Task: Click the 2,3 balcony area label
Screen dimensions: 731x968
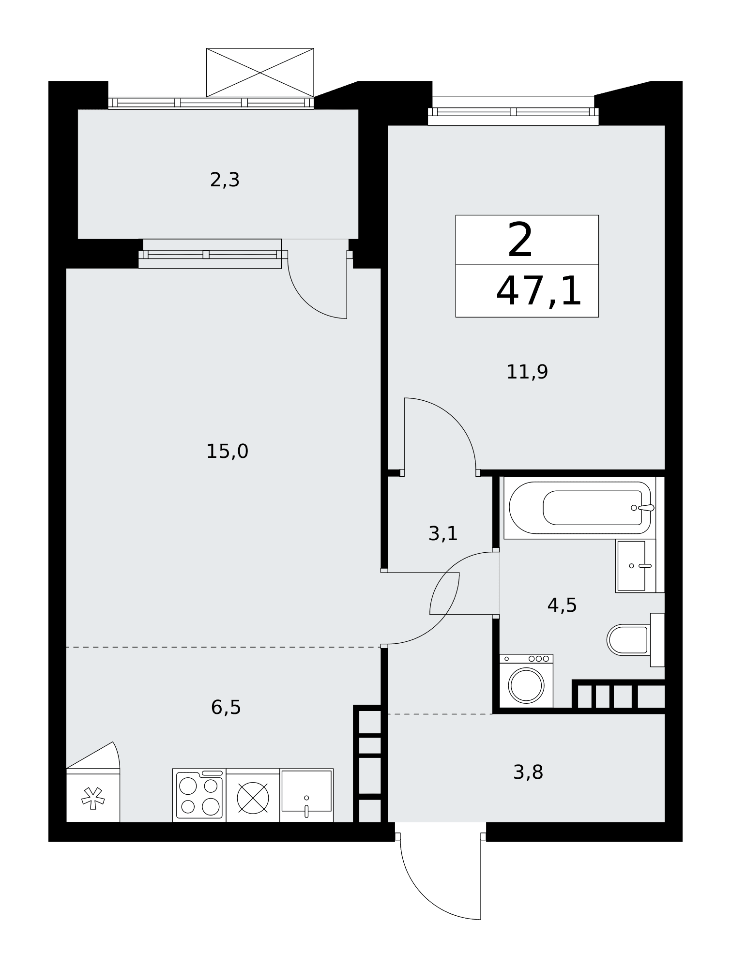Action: click(225, 180)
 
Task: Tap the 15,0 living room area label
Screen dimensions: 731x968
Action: click(227, 452)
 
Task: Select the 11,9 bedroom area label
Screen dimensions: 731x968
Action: click(527, 372)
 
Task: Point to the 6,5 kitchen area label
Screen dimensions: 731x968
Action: click(226, 707)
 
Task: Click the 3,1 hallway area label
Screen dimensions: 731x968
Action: click(443, 533)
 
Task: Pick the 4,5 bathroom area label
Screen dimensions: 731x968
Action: click(562, 605)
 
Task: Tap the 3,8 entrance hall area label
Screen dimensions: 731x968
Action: click(528, 772)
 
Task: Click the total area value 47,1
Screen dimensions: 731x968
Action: click(539, 291)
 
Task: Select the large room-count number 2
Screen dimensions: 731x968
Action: click(520, 240)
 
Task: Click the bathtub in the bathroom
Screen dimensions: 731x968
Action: click(580, 508)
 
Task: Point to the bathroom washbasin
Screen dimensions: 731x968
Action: click(636, 566)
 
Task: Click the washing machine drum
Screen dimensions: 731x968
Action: click(526, 685)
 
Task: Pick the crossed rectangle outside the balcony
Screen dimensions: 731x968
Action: click(260, 73)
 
